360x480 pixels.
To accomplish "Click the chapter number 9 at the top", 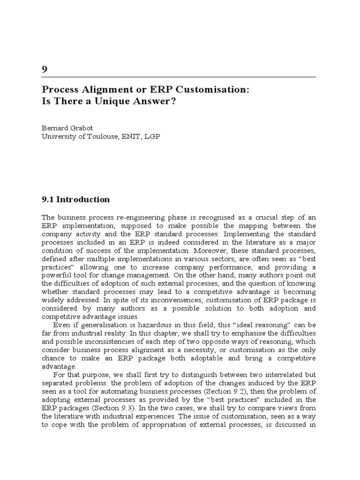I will pyautogui.click(x=45, y=69).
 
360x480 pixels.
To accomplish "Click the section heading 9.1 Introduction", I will pyautogui.click(x=75, y=199).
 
